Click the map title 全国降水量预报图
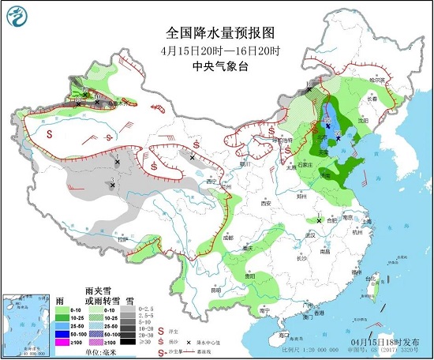point(220,33)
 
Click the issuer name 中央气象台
point(220,67)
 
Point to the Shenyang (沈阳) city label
point(362,121)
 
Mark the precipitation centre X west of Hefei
point(319,217)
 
